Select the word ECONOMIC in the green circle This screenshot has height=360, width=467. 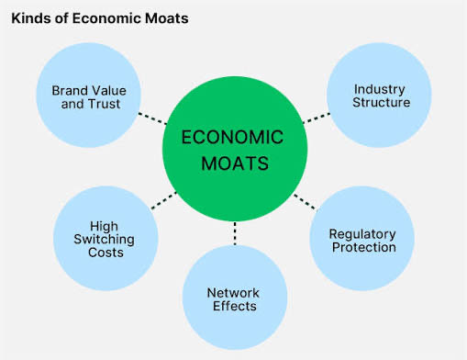point(232,137)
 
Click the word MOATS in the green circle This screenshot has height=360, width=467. point(235,163)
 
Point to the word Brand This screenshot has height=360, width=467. point(70,91)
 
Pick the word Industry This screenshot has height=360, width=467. point(380,90)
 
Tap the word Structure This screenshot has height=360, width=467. point(381,102)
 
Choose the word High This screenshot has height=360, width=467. point(104,227)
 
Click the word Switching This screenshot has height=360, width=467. point(104,240)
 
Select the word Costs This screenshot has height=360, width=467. point(106,253)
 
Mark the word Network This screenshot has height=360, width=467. point(233,293)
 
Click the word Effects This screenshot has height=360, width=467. point(235,306)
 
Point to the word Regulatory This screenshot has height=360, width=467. point(362,235)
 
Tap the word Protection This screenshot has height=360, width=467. point(364,247)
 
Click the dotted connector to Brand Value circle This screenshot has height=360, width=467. point(152,118)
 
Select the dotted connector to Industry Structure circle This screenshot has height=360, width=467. point(317,118)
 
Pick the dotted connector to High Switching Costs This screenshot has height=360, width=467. point(164,200)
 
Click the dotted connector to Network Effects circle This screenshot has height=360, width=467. point(235,233)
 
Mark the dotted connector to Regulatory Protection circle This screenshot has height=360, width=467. point(305,202)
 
